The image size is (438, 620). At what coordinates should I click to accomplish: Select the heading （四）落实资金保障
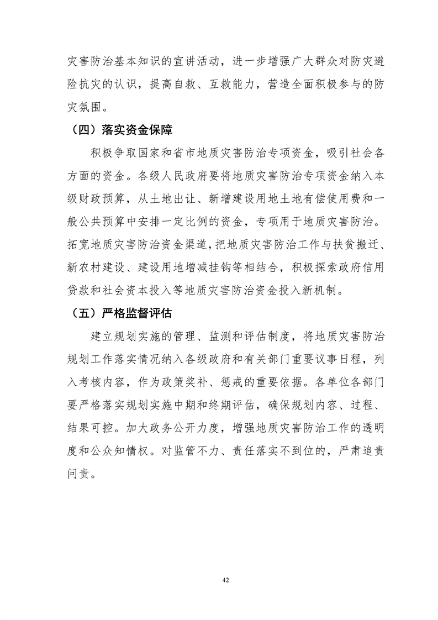(122, 130)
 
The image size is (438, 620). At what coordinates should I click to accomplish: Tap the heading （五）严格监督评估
(122, 314)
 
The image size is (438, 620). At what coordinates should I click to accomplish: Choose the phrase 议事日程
(339, 359)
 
